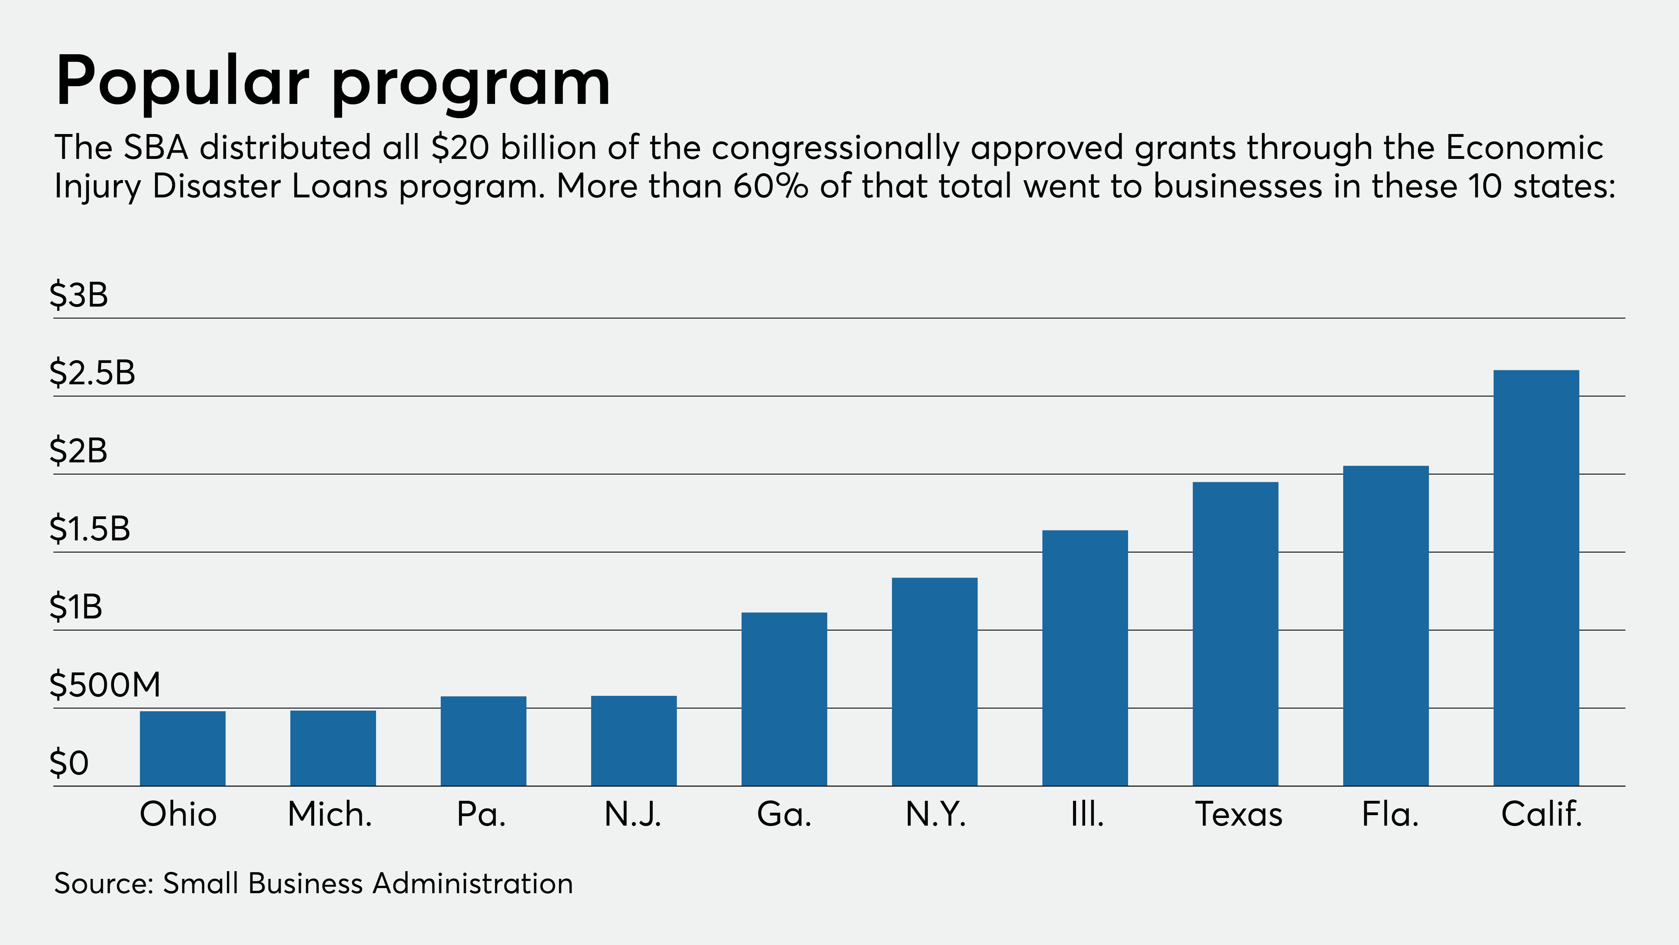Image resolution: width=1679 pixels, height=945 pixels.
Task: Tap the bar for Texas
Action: [1235, 634]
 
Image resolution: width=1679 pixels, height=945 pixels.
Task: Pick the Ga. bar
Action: [784, 699]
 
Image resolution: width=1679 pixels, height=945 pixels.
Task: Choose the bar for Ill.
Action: [1085, 658]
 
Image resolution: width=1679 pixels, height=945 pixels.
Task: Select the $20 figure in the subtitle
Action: [460, 147]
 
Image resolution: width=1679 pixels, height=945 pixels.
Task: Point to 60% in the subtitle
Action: [770, 187]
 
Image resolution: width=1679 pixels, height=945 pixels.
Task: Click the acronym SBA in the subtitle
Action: [156, 147]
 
